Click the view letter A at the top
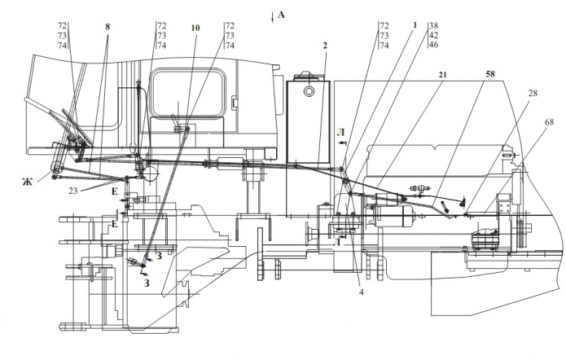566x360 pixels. [282, 14]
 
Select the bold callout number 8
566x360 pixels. [107, 25]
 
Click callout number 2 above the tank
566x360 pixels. [324, 46]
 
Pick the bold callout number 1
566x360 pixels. [415, 25]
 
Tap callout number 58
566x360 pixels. [489, 74]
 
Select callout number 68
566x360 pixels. [550, 122]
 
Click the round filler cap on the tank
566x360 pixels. [308, 92]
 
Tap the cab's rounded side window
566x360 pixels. [186, 96]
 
